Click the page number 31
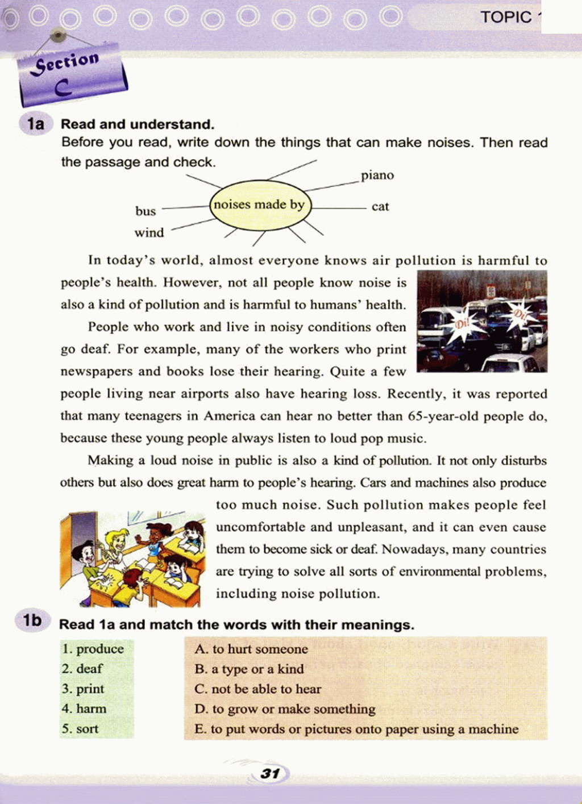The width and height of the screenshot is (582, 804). pyautogui.click(x=270, y=773)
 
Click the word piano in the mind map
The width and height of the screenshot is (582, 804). pyautogui.click(x=377, y=176)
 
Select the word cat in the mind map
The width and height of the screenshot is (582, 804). pyautogui.click(x=380, y=207)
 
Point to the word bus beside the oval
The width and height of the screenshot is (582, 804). pyautogui.click(x=145, y=211)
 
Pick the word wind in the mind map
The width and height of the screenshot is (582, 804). pyautogui.click(x=149, y=233)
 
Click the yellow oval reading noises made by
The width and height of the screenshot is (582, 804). pyautogui.click(x=259, y=205)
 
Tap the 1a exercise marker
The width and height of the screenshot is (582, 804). pyautogui.click(x=35, y=124)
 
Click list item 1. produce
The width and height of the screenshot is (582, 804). pyautogui.click(x=93, y=649)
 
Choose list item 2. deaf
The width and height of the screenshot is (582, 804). pyautogui.click(x=83, y=669)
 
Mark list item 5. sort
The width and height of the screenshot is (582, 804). pyautogui.click(x=81, y=729)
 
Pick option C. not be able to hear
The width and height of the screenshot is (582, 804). pyautogui.click(x=258, y=689)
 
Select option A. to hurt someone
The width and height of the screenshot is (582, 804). pyautogui.click(x=251, y=649)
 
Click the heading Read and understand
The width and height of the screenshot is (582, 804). pyautogui.click(x=138, y=124)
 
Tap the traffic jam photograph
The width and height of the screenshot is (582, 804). pyautogui.click(x=482, y=322)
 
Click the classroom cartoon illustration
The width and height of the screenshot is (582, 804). pyautogui.click(x=132, y=559)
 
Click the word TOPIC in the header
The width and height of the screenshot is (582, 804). pyautogui.click(x=506, y=17)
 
